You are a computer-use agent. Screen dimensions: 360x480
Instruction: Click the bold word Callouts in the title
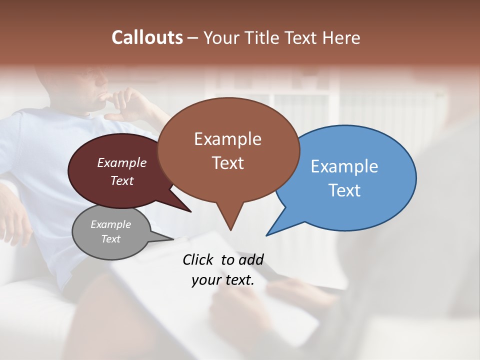click(147, 37)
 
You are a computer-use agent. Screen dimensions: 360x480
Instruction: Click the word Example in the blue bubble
click(344, 166)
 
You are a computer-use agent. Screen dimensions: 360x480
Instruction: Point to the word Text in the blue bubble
click(344, 190)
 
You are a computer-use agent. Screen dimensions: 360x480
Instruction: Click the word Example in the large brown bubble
click(227, 139)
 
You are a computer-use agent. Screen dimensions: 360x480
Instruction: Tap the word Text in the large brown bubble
click(227, 163)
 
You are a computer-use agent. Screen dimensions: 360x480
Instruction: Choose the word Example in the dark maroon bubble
click(122, 162)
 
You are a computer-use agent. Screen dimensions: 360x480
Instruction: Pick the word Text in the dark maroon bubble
click(122, 180)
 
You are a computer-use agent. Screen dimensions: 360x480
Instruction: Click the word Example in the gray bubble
click(110, 224)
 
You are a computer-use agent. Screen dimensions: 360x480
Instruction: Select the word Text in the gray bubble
click(110, 239)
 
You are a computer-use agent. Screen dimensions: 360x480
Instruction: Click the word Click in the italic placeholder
click(198, 259)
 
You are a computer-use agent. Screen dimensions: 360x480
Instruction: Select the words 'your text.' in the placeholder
click(223, 280)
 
